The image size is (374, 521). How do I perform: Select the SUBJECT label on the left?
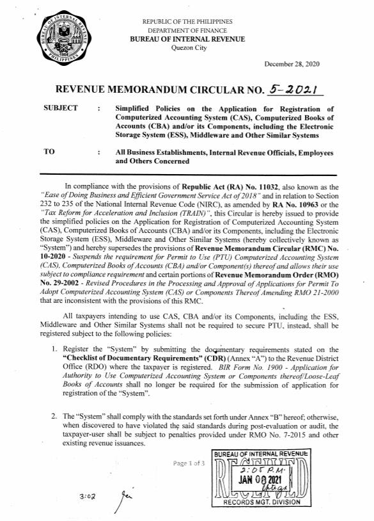61,108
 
